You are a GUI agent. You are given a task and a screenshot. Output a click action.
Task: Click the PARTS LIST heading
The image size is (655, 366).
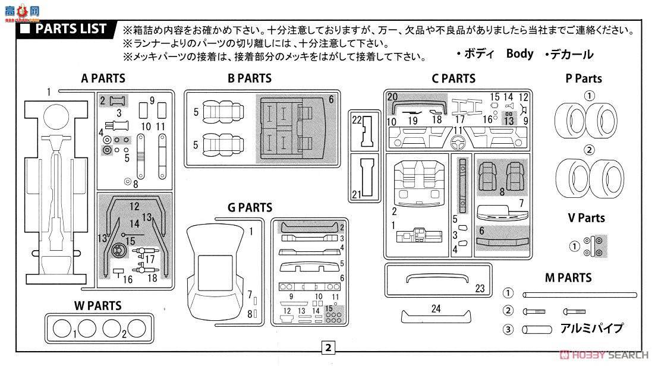[71, 29]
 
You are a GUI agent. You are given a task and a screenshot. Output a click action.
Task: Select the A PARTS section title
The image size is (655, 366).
[103, 78]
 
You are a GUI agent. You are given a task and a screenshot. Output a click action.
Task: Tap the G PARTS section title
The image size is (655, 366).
[250, 207]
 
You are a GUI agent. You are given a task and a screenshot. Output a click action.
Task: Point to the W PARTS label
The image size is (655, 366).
[97, 305]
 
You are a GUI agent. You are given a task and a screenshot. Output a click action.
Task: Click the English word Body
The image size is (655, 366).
[519, 53]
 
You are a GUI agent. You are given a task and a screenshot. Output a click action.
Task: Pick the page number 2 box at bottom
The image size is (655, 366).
[328, 347]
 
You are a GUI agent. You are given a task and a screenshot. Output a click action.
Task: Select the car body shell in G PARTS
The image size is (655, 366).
[216, 272]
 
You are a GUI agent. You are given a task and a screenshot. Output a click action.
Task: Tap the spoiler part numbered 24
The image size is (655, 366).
[436, 316]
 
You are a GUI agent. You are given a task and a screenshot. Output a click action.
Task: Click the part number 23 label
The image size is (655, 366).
[480, 288]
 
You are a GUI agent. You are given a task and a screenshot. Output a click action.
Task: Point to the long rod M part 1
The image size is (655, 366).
[580, 295]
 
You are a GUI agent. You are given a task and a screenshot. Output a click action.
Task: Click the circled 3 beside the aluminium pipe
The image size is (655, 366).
[508, 330]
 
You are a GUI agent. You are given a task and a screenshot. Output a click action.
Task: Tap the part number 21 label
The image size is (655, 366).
[356, 194]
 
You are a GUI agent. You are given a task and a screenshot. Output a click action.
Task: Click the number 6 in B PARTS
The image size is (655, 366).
[331, 99]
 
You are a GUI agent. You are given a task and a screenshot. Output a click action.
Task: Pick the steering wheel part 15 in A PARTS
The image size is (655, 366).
[117, 249]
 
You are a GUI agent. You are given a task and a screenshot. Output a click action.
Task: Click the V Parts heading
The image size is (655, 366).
[586, 217]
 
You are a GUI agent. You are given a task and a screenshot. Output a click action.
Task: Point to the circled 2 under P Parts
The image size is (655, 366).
[589, 150]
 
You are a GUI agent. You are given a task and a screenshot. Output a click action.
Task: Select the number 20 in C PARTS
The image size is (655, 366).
[392, 97]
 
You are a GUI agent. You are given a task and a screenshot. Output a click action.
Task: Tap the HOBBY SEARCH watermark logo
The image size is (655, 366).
[604, 355]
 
